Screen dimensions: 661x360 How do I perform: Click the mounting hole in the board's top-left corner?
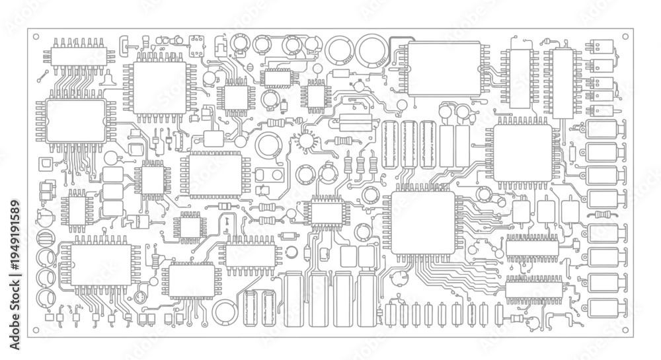(x=36, y=36)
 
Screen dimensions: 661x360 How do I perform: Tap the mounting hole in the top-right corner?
(x=625, y=36)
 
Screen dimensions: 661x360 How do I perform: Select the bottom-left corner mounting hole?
(x=36, y=330)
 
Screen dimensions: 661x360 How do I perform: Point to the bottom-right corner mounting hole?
(x=625, y=330)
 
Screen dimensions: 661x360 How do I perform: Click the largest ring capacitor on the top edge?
(x=371, y=50)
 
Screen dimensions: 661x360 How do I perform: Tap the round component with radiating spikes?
(x=307, y=140)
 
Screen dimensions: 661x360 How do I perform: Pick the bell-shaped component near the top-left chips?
(x=108, y=79)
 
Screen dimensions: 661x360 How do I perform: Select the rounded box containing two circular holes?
(x=268, y=175)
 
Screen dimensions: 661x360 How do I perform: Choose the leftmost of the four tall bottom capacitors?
(x=293, y=300)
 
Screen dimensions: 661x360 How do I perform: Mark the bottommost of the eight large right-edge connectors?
(x=603, y=308)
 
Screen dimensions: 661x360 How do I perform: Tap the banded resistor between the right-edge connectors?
(x=605, y=214)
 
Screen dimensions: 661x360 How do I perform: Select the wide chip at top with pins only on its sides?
(x=444, y=69)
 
